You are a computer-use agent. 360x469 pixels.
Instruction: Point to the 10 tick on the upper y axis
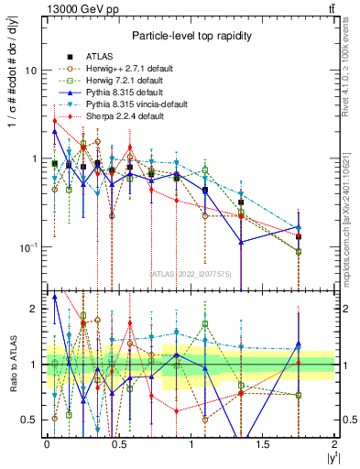31,71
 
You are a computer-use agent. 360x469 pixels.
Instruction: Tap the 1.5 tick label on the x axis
263,443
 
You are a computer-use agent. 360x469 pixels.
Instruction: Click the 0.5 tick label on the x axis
119,443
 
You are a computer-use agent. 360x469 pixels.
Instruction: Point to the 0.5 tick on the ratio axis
30,420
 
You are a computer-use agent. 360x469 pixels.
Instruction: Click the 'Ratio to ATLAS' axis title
11,365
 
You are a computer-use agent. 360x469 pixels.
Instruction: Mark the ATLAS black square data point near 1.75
299,236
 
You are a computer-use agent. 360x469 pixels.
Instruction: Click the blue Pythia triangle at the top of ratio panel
55,297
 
